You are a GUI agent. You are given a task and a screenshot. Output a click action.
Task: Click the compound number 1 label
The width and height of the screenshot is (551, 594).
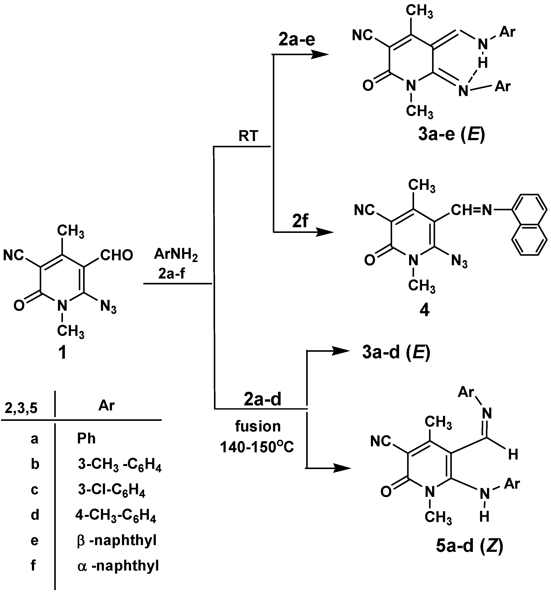coord(62,353)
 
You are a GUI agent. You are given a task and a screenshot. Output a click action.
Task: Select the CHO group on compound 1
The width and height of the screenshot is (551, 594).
coord(116,256)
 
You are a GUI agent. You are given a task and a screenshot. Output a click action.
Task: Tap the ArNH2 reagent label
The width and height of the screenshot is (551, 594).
coord(176,255)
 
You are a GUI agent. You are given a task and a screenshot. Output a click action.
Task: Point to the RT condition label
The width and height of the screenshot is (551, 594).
coord(248,136)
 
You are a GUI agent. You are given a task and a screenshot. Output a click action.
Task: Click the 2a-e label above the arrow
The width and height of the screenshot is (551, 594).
coord(297,40)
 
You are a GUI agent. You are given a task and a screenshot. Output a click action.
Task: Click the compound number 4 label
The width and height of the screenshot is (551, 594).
coord(424,310)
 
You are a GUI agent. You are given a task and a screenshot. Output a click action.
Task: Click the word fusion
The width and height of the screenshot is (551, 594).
coord(258,426)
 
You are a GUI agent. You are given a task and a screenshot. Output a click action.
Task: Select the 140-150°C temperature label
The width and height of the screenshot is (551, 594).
coord(257,447)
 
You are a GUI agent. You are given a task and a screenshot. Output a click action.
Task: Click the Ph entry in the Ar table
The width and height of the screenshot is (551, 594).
coord(86,439)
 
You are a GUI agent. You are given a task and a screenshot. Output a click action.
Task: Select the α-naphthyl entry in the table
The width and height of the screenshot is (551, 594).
coord(118,566)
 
